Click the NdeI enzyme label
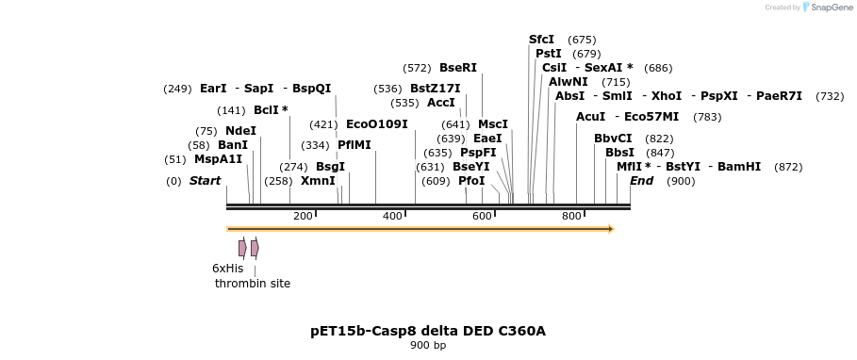tap(240, 131)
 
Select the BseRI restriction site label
tap(458, 68)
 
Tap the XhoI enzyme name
tap(666, 96)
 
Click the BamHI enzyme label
tap(739, 167)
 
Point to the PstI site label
tap(548, 54)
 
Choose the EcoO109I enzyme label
tap(376, 124)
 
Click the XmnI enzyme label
tap(318, 181)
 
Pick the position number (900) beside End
tap(680, 181)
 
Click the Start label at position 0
tap(205, 181)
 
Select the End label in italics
tap(641, 181)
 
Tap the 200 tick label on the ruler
tap(303, 217)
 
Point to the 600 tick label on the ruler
tap(482, 217)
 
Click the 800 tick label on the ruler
tap(571, 217)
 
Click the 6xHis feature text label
tap(227, 269)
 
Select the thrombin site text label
tap(253, 284)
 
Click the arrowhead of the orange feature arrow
tap(610, 229)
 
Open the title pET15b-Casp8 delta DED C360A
tap(428, 331)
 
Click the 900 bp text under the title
tap(428, 346)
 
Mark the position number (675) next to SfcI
tap(582, 40)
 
